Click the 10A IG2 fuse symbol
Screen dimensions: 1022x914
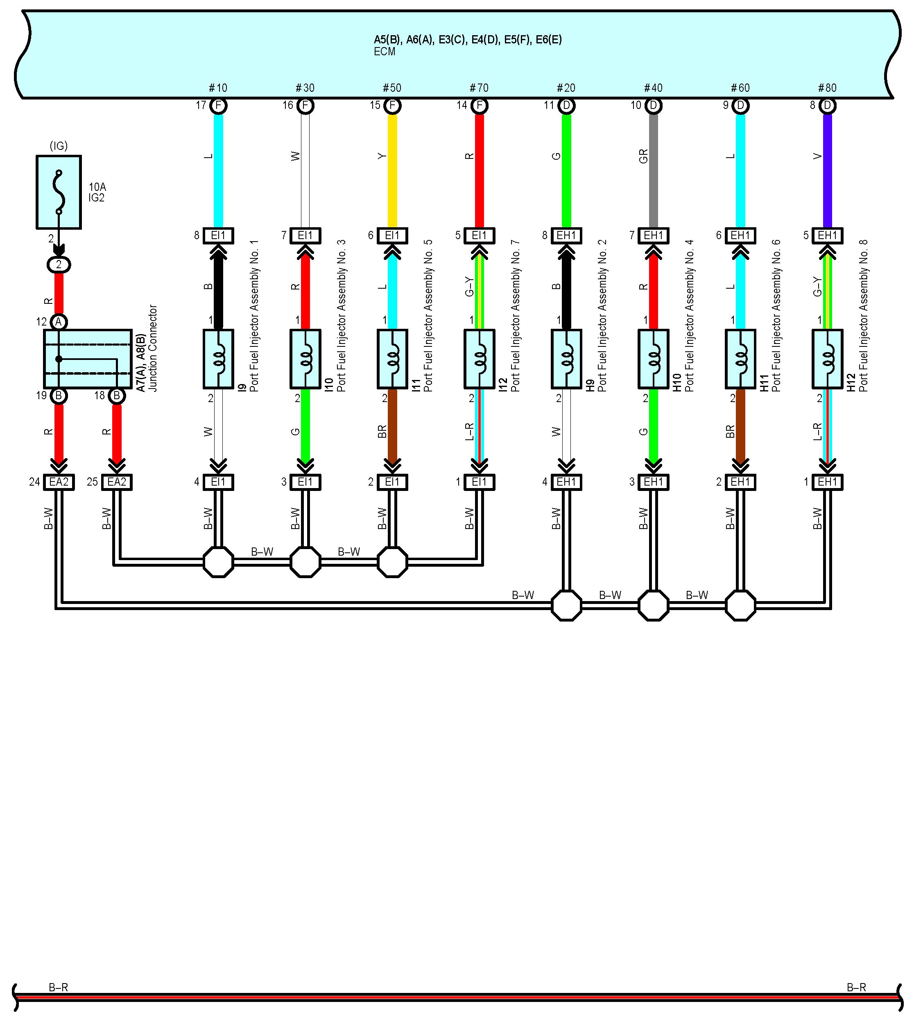tap(59, 192)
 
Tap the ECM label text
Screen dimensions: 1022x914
tap(384, 52)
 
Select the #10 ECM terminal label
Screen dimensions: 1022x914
tap(218, 88)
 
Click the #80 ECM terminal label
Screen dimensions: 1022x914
tap(827, 88)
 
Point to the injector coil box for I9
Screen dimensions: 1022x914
tap(218, 359)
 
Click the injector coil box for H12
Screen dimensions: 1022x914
tap(827, 359)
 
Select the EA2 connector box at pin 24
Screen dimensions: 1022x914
tap(59, 482)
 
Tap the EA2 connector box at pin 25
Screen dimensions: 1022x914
tap(117, 482)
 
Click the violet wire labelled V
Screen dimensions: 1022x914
tap(827, 171)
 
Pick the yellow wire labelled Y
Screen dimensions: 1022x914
tap(392, 171)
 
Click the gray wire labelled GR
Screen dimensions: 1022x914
tap(654, 171)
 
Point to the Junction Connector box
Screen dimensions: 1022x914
tap(88, 359)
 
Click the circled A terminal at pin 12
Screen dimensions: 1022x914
tap(59, 322)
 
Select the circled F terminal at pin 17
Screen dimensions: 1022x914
tap(218, 106)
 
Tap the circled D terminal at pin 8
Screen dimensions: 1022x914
tap(827, 106)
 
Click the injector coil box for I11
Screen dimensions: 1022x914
tap(392, 359)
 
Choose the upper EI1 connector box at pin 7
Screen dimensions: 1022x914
tap(305, 235)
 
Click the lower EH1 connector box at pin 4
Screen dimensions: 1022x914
tap(566, 482)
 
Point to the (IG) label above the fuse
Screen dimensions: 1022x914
tap(59, 146)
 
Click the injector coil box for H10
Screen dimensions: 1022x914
tap(654, 359)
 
